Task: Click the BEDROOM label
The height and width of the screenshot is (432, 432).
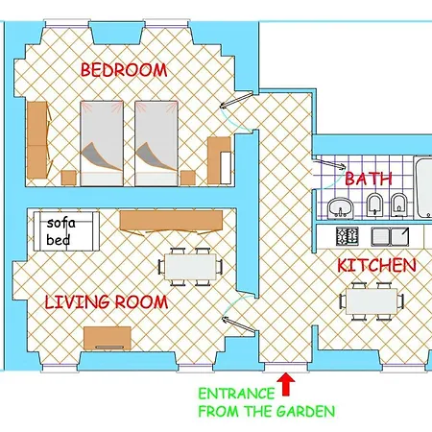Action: (x=124, y=70)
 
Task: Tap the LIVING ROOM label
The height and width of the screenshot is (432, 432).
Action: (x=107, y=302)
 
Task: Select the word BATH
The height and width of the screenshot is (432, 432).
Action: (x=369, y=179)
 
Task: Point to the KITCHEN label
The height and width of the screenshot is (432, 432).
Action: (x=376, y=265)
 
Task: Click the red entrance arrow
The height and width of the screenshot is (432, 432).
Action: (x=285, y=386)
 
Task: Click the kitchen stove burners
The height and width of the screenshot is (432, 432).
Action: (x=346, y=235)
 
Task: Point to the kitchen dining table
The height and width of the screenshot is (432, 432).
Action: (x=371, y=300)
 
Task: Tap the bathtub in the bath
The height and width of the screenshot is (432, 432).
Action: (x=423, y=187)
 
